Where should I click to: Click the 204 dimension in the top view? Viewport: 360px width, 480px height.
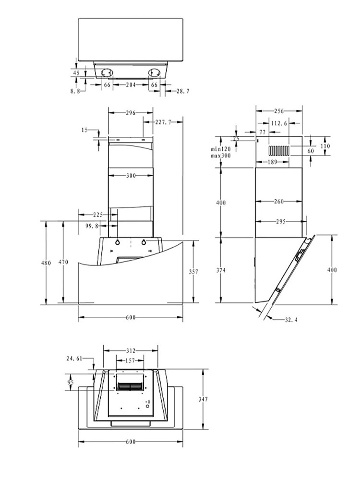point(131,85)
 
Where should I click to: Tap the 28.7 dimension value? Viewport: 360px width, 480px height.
point(183,91)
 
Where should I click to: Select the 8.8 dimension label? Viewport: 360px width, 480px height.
point(75,91)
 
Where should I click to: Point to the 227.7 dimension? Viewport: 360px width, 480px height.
point(163,122)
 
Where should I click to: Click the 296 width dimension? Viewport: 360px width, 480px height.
point(131,113)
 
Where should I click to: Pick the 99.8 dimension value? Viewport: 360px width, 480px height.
point(92,226)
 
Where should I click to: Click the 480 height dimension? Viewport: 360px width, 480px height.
point(46,263)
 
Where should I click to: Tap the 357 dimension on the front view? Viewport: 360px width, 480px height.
point(193,272)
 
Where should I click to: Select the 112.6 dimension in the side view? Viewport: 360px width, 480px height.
point(279,123)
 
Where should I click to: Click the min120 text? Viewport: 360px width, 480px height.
point(220,149)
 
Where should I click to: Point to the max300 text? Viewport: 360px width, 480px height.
point(220,156)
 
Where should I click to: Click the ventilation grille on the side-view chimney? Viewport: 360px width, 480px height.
point(279,151)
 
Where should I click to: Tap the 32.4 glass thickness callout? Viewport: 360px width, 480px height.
point(291,320)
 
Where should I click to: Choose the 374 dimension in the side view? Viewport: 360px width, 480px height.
point(221,270)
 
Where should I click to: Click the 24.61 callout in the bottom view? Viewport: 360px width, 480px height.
point(74,359)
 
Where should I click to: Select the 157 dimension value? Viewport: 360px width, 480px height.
point(130,360)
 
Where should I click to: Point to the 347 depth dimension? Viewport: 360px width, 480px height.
point(203,399)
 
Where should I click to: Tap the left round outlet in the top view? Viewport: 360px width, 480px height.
point(107,73)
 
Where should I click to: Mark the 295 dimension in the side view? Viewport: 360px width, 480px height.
point(280,221)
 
